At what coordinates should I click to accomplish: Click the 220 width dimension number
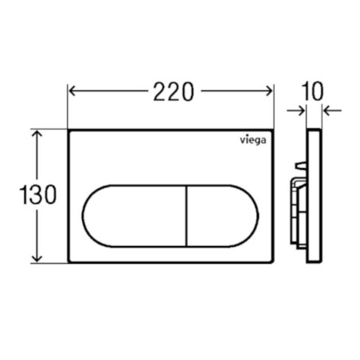pyautogui.click(x=174, y=92)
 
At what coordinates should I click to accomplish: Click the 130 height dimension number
pyautogui.click(x=38, y=194)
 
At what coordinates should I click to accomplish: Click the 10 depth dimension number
pyautogui.click(x=313, y=91)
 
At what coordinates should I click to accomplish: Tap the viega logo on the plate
pyautogui.click(x=253, y=140)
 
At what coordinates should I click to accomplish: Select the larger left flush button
pyautogui.click(x=135, y=216)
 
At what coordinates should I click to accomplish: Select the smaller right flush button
pyautogui.click(x=222, y=216)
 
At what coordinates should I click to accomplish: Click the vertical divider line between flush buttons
pyautogui.click(x=187, y=216)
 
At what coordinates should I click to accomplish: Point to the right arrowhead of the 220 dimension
pyautogui.click(x=269, y=91)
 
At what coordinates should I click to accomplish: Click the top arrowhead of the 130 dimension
pyautogui.click(x=37, y=134)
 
